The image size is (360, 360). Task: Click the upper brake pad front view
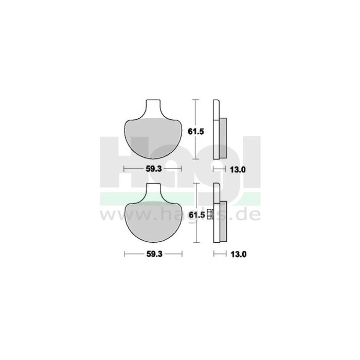pyautogui.click(x=153, y=136)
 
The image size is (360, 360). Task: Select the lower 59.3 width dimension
pyautogui.click(x=153, y=254)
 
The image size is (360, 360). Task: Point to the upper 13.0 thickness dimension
pyautogui.click(x=237, y=168)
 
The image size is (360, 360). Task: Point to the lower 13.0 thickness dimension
pyautogui.click(x=237, y=254)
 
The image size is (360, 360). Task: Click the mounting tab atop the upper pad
pyautogui.click(x=153, y=107)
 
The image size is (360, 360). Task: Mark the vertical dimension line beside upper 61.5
pyautogui.click(x=195, y=130)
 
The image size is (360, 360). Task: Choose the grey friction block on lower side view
pyautogui.click(x=223, y=223)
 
